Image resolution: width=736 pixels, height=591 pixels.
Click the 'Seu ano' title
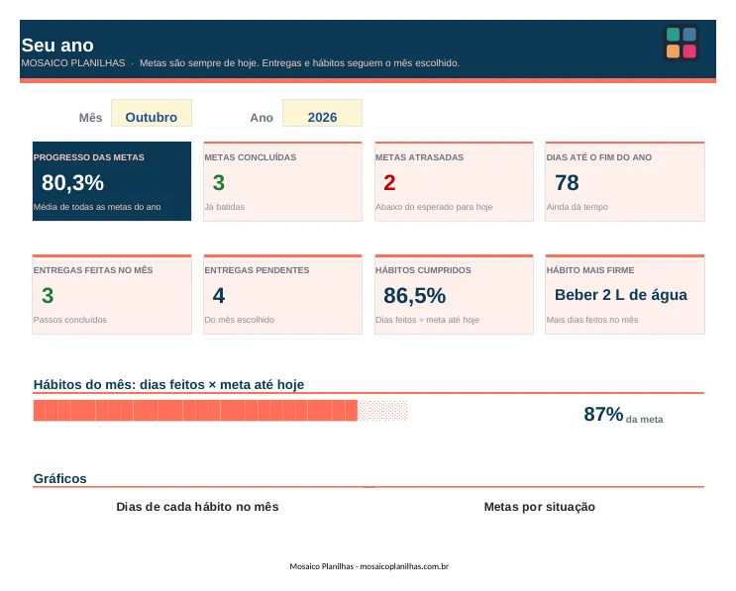pyautogui.click(x=57, y=46)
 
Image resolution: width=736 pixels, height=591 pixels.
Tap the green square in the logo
pyautogui.click(x=674, y=35)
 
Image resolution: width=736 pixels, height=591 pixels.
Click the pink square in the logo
pyautogui.click(x=689, y=51)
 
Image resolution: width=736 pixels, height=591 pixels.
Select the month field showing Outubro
pyautogui.click(x=152, y=113)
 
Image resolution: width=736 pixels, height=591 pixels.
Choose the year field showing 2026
pyautogui.click(x=322, y=113)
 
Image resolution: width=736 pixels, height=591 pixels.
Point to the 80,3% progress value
pyautogui.click(x=72, y=182)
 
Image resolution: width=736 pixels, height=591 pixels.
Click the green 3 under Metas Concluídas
pyautogui.click(x=219, y=182)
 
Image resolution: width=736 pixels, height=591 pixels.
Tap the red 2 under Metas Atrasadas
pyautogui.click(x=389, y=182)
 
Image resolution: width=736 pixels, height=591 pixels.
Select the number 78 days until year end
pyautogui.click(x=567, y=182)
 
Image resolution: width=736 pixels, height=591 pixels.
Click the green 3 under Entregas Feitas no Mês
pyautogui.click(x=48, y=295)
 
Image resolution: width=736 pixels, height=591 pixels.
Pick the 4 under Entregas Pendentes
pyautogui.click(x=219, y=295)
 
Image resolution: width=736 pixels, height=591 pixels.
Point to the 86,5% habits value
pyautogui.click(x=414, y=295)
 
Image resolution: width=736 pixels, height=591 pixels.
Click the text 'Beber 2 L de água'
pyautogui.click(x=620, y=295)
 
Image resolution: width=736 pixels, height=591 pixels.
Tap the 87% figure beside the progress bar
pyautogui.click(x=603, y=414)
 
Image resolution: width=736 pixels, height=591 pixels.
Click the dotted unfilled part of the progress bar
pyautogui.click(x=382, y=411)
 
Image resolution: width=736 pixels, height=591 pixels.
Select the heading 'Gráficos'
pyautogui.click(x=60, y=478)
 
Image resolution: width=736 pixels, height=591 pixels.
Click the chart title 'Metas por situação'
pyautogui.click(x=539, y=507)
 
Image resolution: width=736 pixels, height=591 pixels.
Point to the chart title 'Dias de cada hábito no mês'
pyautogui.click(x=197, y=507)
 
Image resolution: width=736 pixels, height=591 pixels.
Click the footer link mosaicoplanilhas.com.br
pyautogui.click(x=404, y=566)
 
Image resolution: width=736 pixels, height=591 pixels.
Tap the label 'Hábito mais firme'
pyautogui.click(x=590, y=270)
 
